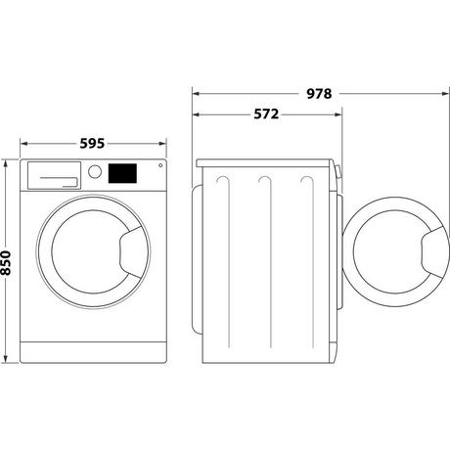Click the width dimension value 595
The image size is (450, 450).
point(93,143)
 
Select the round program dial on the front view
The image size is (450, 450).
point(95,171)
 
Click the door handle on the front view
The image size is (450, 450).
point(129,252)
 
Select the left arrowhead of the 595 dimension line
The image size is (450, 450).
point(24,143)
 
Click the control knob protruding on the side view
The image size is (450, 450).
point(338,176)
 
